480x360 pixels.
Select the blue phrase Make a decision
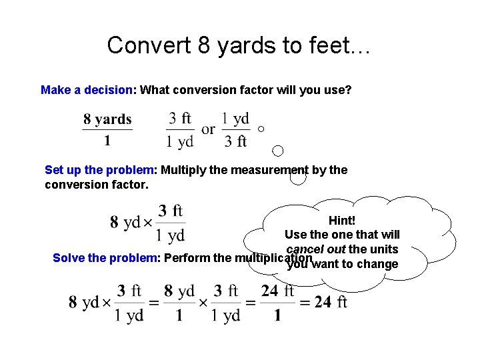click(x=87, y=89)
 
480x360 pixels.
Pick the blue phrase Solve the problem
click(x=103, y=258)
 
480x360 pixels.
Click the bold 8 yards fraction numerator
click(x=107, y=120)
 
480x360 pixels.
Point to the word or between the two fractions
click(x=208, y=129)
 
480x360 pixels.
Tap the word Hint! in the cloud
click(x=342, y=220)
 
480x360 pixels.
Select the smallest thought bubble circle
click(x=261, y=129)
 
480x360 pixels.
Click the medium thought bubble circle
click(x=279, y=151)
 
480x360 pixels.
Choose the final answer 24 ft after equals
click(x=331, y=302)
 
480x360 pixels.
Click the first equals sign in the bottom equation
click(x=153, y=303)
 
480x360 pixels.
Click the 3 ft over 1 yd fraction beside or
click(x=180, y=129)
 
